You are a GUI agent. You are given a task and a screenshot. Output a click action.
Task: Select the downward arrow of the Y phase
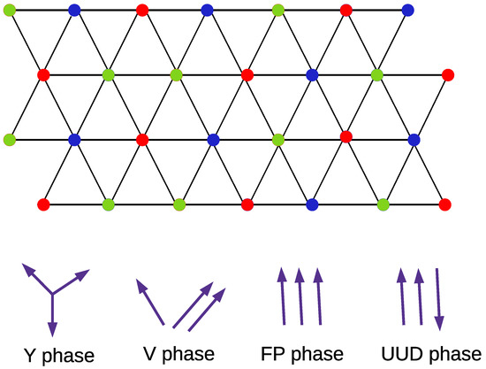[53, 313]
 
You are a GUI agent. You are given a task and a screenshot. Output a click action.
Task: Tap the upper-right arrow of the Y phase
[72, 282]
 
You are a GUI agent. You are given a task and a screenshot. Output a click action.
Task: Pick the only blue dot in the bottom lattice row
[311, 204]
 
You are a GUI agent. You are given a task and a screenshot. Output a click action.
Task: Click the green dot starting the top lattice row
[10, 10]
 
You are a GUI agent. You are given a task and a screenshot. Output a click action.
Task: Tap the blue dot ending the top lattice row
[407, 10]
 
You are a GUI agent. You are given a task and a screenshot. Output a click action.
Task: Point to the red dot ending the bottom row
[445, 204]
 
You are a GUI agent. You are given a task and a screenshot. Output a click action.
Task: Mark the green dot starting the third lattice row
[10, 139]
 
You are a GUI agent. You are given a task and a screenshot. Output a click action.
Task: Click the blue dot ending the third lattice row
[414, 139]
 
